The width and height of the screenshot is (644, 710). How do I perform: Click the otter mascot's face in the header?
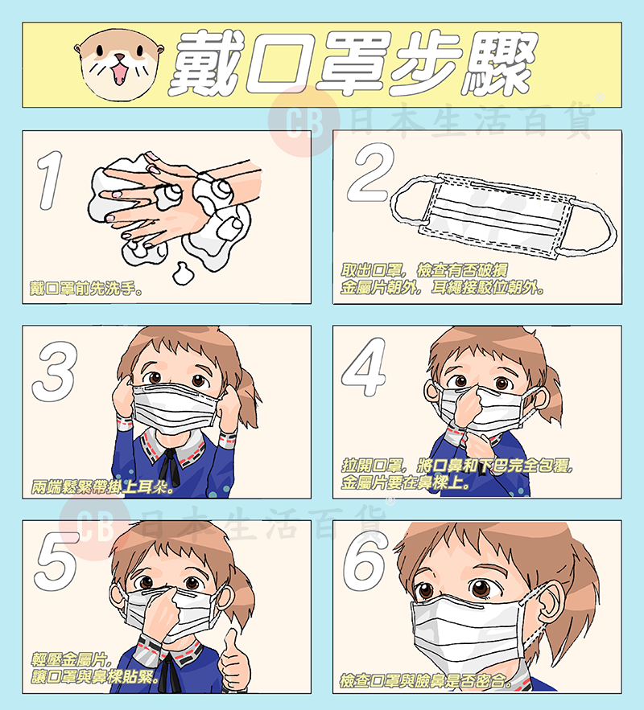[119, 64]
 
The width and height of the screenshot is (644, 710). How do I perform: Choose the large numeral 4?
[364, 367]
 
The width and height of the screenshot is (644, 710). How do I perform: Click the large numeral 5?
[56, 562]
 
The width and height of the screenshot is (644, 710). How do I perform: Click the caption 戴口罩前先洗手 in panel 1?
[85, 288]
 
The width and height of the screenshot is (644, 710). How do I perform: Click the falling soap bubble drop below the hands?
[183, 273]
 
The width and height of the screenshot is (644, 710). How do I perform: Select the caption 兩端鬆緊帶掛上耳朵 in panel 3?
[103, 486]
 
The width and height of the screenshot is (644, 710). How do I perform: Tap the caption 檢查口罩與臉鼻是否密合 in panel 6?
[426, 680]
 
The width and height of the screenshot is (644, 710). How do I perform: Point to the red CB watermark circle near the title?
[304, 121]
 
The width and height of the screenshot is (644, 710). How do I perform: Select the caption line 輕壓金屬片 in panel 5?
[71, 659]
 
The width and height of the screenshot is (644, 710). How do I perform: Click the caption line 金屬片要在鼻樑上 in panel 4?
[406, 482]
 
